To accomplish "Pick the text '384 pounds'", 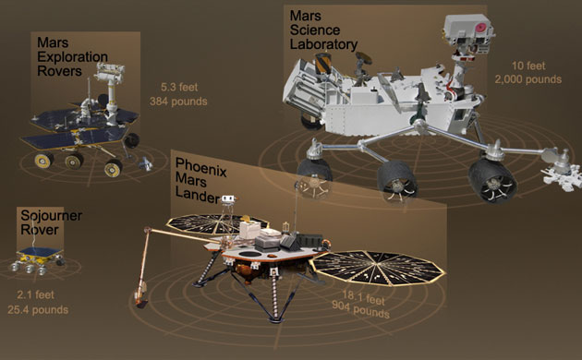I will [x=178, y=101].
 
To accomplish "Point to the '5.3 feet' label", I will [x=178, y=86].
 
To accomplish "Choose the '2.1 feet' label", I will [x=37, y=295].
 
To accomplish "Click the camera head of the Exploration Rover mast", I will [x=112, y=73].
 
